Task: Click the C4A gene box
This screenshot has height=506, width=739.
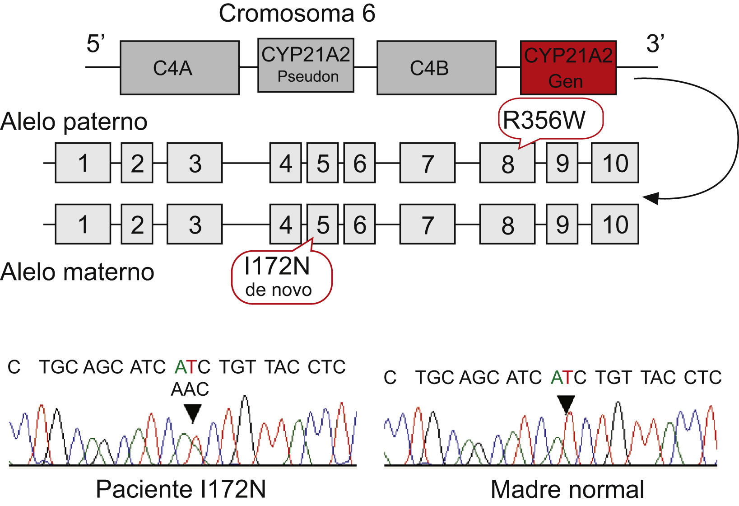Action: pyautogui.click(x=179, y=68)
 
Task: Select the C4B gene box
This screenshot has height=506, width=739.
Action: pyautogui.click(x=436, y=68)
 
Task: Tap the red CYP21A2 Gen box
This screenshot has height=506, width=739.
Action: pyautogui.click(x=568, y=68)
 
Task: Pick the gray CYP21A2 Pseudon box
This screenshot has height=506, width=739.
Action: pyautogui.click(x=306, y=65)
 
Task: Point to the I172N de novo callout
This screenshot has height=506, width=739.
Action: pyautogui.click(x=281, y=276)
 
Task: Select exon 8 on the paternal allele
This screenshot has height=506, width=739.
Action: pyautogui.click(x=507, y=163)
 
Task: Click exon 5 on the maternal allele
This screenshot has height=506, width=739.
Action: pyautogui.click(x=322, y=225)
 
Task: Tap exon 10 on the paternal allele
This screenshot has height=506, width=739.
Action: pyautogui.click(x=614, y=163)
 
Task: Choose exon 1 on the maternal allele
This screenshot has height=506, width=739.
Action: pyautogui.click(x=83, y=225)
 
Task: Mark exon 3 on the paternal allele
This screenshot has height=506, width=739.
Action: pyautogui.click(x=195, y=163)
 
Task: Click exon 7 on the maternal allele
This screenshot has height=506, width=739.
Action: pyautogui.click(x=427, y=225)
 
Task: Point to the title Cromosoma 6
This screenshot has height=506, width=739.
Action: pyautogui.click(x=297, y=13)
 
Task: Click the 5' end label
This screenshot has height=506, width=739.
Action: pyautogui.click(x=95, y=44)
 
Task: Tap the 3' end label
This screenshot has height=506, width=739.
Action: pyautogui.click(x=655, y=44)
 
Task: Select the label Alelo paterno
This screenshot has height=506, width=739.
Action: pyautogui.click(x=74, y=122)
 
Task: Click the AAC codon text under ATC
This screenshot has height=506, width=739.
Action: pyautogui.click(x=190, y=389)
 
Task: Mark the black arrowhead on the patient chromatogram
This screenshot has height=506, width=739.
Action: pyautogui.click(x=193, y=412)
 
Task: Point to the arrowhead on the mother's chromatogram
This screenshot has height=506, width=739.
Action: pyautogui.click(x=566, y=403)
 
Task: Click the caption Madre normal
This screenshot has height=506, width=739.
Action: pyautogui.click(x=567, y=490)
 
